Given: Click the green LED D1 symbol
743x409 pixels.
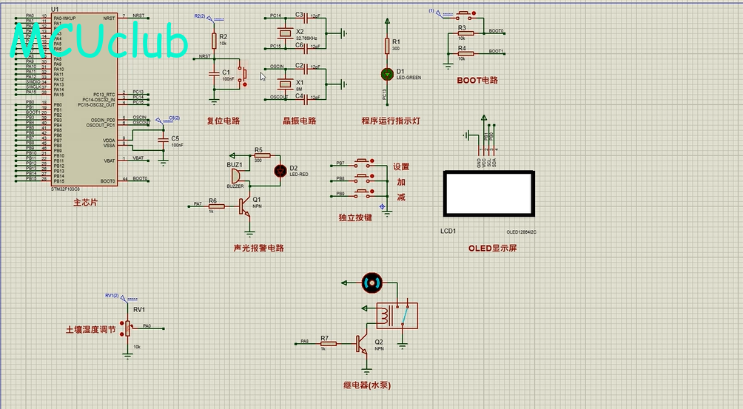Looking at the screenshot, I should (x=386, y=73).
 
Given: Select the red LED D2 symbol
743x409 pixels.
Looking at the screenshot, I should (x=280, y=170).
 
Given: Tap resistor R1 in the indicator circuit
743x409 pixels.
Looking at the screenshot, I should (x=386, y=47).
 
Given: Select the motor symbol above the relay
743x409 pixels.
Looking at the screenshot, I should (x=371, y=282).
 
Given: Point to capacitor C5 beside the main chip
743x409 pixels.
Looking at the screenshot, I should (x=164, y=141).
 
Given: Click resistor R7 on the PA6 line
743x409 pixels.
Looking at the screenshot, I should (x=328, y=344).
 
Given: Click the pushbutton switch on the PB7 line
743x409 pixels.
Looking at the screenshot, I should (x=363, y=163).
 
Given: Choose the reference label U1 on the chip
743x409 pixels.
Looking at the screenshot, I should (x=56, y=10).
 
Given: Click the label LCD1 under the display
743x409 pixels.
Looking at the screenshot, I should (x=448, y=231).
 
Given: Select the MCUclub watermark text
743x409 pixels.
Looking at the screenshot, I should (x=100, y=41).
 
